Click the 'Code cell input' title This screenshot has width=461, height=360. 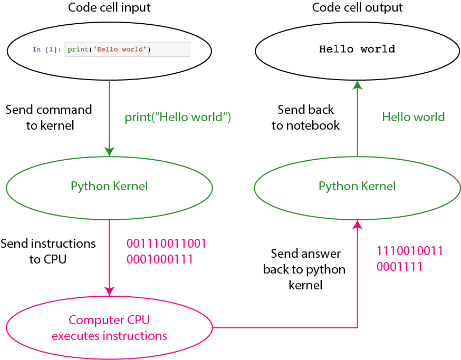click(109, 8)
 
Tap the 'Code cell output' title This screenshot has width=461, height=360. click(357, 8)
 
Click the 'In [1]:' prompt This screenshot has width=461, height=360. click(47, 50)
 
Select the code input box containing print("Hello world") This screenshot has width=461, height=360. click(127, 50)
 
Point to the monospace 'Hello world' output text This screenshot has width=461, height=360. click(357, 50)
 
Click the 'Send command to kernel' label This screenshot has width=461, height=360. click(49, 117)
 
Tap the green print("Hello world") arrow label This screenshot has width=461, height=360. click(178, 118)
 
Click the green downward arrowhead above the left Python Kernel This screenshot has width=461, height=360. click(109, 152)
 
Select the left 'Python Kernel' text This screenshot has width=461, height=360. click(109, 186)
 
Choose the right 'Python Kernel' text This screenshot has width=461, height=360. click(357, 186)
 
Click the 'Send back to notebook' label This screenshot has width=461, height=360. click(306, 117)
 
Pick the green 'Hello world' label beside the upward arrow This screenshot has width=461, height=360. click(414, 117)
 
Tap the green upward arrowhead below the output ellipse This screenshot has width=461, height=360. click(357, 84)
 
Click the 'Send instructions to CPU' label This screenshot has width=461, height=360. click(48, 251)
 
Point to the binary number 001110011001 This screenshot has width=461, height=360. click(166, 244)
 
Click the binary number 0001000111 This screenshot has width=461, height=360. click(159, 259)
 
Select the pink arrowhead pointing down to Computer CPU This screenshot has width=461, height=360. click(109, 290)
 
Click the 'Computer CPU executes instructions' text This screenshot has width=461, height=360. click(110, 328)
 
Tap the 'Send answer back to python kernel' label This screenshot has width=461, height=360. click(304, 269)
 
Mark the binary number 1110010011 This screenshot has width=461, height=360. click(410, 251)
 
